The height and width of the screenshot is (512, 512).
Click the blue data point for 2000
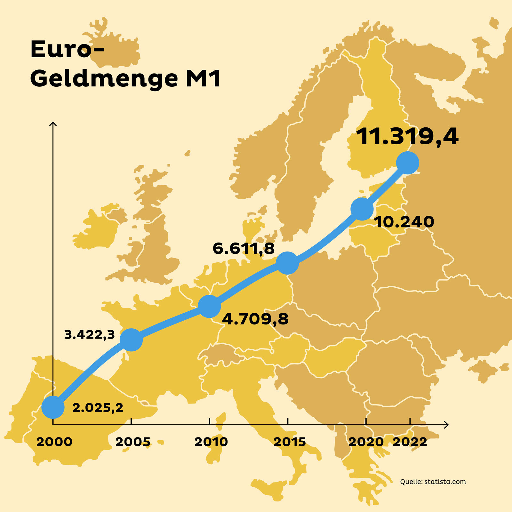(x=53, y=407)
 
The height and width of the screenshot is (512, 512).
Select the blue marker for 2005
(x=131, y=340)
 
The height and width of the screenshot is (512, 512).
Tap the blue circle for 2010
(x=209, y=306)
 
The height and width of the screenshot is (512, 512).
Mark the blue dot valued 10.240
(x=362, y=209)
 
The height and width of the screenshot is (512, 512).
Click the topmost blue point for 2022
(x=407, y=163)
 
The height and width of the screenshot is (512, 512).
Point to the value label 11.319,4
(x=407, y=137)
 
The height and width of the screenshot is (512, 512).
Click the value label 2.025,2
(x=98, y=408)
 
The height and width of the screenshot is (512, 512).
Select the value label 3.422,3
(x=89, y=335)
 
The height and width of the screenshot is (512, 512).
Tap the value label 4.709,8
(x=255, y=319)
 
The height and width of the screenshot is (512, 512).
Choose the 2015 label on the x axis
(x=290, y=442)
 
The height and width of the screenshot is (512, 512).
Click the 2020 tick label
(x=366, y=442)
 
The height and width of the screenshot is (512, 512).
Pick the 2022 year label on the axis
(x=410, y=442)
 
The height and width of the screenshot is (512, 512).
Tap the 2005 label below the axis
(x=132, y=442)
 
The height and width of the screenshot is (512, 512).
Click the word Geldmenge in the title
(x=104, y=78)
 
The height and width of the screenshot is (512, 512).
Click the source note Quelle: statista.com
(x=433, y=482)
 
